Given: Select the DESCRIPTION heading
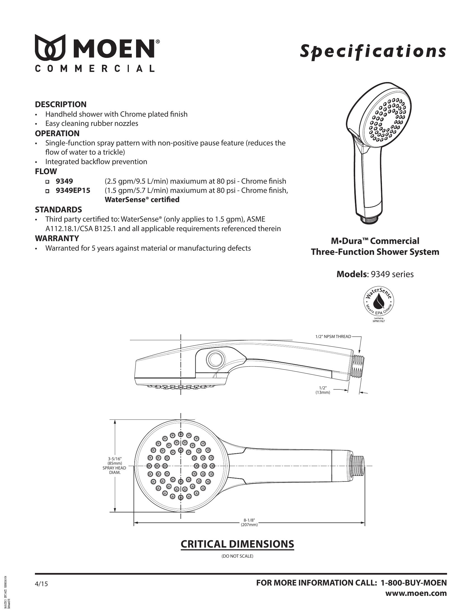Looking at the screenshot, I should [61, 104].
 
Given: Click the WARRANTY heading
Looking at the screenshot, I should [57, 238].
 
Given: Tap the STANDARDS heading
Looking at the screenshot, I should [58, 209].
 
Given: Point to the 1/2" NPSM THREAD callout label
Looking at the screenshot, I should [333, 337].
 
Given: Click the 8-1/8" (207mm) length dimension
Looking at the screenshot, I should [249, 522].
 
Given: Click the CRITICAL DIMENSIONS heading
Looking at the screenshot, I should [237, 544].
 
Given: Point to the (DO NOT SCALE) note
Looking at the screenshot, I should [237, 556].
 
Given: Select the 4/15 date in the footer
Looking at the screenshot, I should [41, 584].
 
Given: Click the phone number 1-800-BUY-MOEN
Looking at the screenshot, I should [413, 583].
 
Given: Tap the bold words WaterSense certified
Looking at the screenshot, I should [142, 200].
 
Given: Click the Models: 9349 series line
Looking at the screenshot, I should [375, 274].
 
